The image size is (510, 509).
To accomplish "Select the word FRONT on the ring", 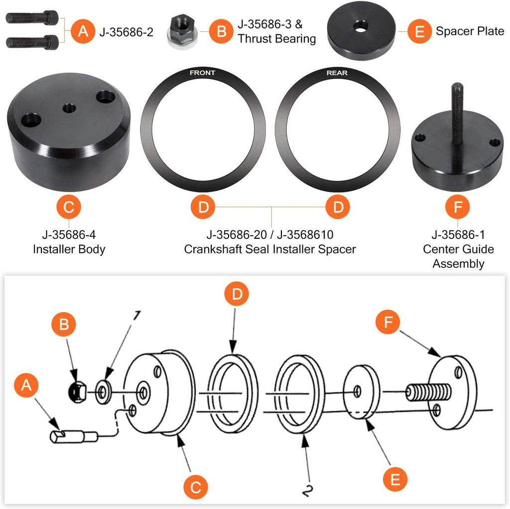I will point(203,73).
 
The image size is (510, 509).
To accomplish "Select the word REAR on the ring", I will point(337,73).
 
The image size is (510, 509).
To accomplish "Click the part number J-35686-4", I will point(69,234).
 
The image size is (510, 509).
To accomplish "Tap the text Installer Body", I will point(69,249).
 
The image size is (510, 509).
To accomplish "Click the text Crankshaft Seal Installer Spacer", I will point(270,249).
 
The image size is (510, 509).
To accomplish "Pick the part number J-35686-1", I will point(458,234).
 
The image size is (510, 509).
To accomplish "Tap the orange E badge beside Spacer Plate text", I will point(419,31).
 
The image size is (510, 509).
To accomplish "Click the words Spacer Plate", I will point(470,31).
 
